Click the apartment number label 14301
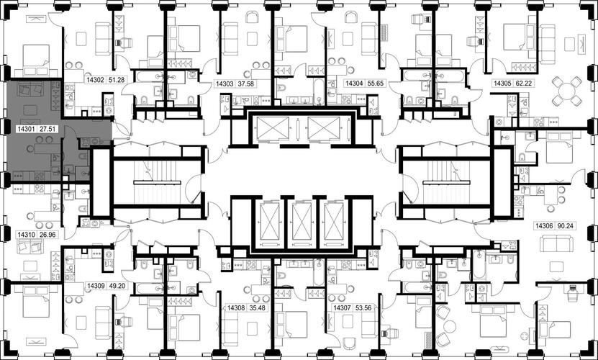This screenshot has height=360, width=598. tap(27, 129)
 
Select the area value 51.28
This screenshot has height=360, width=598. tap(117, 80)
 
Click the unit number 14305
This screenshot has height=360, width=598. tap(503, 83)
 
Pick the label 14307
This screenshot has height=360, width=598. tap(343, 307)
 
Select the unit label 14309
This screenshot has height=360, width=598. tap(96, 286)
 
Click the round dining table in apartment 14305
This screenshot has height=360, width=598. tap(568, 91)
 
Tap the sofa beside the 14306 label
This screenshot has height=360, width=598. tap(556, 243)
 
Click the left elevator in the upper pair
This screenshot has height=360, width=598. tap(273, 129)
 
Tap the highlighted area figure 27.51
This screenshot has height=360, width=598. tap(48, 129)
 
